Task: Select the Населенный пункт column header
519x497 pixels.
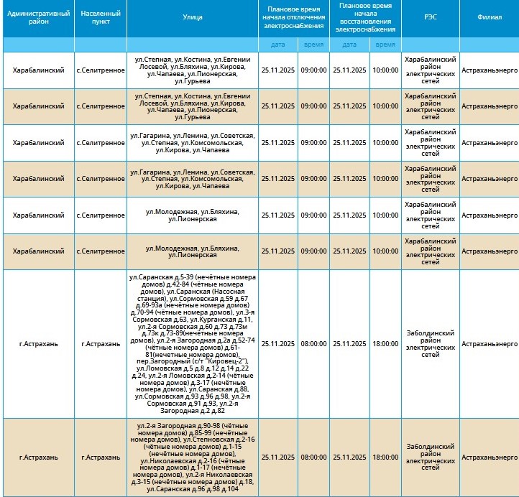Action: (101, 17)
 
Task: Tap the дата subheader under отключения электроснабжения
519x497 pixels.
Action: (277, 45)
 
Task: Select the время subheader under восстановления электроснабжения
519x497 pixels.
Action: (385, 45)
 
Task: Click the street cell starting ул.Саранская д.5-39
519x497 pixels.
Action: (193, 344)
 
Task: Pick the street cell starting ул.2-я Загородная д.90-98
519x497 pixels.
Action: (193, 457)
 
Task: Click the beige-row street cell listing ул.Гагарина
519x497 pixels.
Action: (193, 179)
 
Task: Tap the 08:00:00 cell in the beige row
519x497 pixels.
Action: (313, 457)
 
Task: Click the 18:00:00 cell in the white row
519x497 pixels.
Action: (385, 344)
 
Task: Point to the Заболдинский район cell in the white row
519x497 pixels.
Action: (430, 344)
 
